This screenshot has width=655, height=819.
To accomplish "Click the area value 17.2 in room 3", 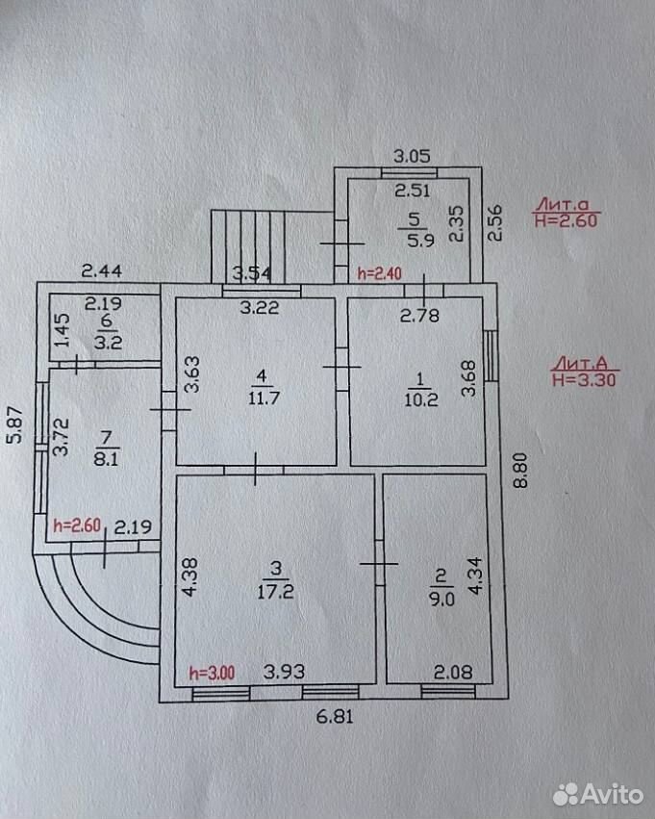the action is pos(275,592).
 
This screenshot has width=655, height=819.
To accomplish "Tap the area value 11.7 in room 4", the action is pos(265,398).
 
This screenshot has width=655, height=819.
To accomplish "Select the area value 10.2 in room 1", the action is pos(420,399).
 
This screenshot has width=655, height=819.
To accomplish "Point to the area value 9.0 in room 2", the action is pos(441,599).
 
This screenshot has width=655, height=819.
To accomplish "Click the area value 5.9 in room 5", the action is pos(420,241).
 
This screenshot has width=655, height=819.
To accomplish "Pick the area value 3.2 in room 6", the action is pos(108,342).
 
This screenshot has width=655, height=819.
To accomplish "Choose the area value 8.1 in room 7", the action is pos(106,459).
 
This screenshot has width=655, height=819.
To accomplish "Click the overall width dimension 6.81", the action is pos(335,716).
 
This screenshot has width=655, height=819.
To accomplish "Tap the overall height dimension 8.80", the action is pos(520,470).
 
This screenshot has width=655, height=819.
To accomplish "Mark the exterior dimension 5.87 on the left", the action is pos(15,424).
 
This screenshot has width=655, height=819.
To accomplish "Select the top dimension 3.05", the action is pos(412,156).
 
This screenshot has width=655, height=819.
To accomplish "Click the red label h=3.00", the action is pos(212,673).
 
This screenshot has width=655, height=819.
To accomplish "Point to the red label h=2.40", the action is pos(379,273).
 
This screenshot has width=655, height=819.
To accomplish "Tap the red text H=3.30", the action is pos(584,379).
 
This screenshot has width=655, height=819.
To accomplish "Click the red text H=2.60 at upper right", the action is pos(566,219).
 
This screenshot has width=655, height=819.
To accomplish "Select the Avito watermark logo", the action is pos(597,794).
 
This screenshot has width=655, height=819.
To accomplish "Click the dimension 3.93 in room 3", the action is pos(284,671).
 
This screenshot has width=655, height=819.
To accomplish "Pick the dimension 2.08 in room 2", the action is pos(453,672).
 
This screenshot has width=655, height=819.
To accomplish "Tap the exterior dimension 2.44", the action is pos(102,270).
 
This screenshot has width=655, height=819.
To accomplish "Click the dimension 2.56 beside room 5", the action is pos(494,222).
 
